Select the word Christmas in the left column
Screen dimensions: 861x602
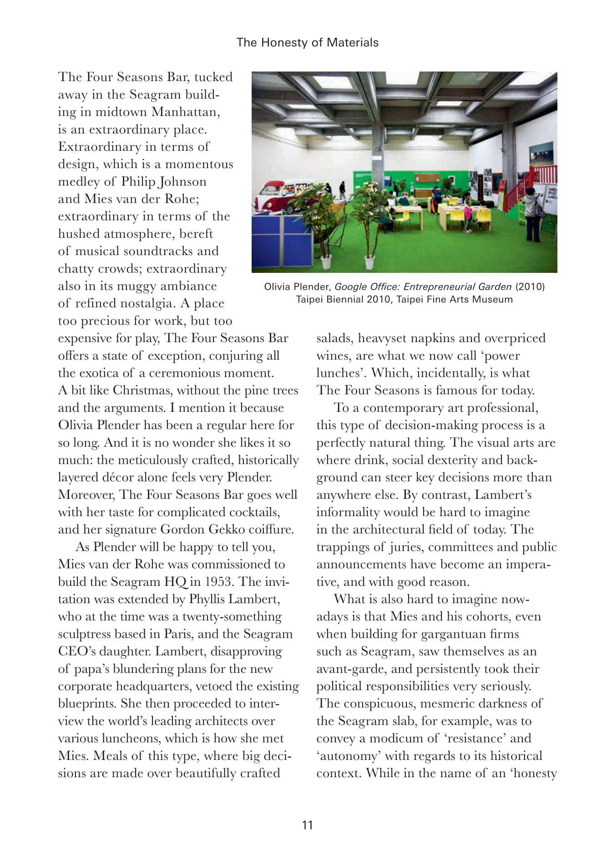click(x=141, y=390)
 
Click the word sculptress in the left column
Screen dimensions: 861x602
click(x=85, y=634)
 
